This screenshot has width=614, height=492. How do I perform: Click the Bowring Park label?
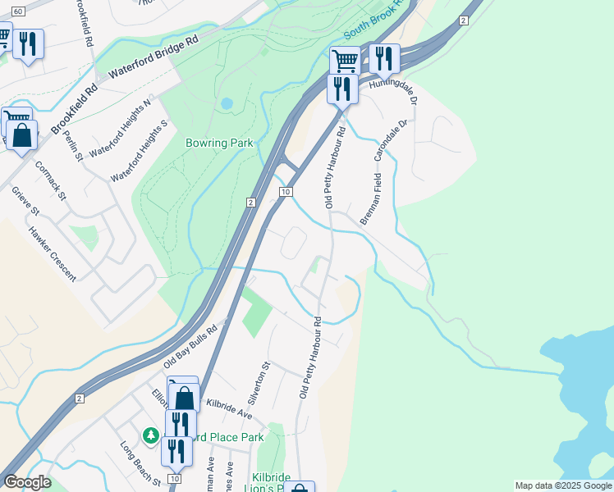pos(218,143)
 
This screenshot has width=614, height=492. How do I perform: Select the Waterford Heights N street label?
pos(121,129)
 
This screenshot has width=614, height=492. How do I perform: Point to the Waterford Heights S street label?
pos(139,151)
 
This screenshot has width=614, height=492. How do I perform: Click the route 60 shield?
pos(18,9)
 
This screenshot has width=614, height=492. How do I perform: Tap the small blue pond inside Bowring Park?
pos(226,104)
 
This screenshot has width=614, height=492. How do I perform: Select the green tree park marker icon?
pos(150,435)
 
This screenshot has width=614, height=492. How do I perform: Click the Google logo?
pos(28,482)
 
